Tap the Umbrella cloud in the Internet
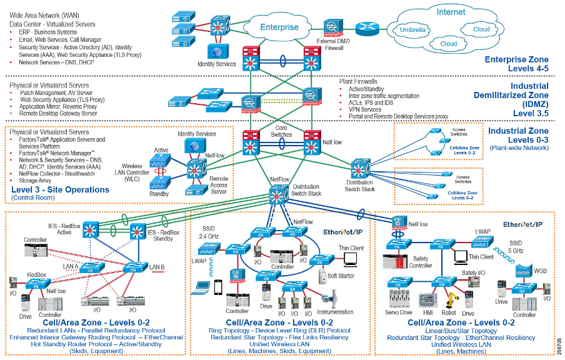[x=413, y=30]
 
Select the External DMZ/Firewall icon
[x=331, y=26]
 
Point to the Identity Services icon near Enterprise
[x=217, y=52]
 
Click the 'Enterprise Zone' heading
[x=516, y=61]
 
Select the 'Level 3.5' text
[x=531, y=113]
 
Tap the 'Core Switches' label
[x=281, y=131]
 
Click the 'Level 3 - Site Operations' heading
[x=60, y=189]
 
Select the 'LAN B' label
[x=157, y=267]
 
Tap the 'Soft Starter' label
[x=341, y=276]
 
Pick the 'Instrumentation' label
[x=335, y=311]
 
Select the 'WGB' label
[x=540, y=271]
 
